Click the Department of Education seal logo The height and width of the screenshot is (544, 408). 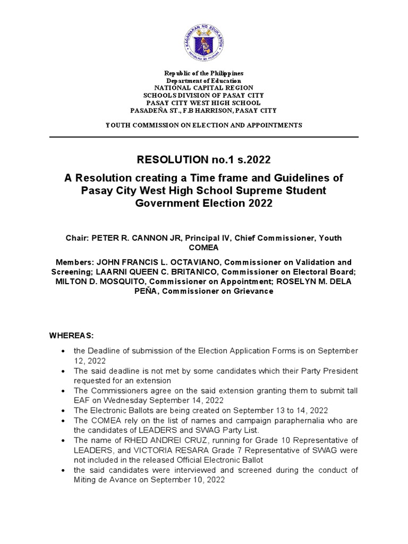pos(204,41)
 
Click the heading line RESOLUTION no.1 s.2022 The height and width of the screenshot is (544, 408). pos(204,159)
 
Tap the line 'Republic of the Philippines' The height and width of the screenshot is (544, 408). pos(204,73)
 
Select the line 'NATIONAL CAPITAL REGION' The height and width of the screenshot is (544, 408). pos(204,88)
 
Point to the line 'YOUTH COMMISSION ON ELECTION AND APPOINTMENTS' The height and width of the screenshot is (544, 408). pos(204,125)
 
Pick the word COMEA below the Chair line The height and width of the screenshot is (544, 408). pos(204,248)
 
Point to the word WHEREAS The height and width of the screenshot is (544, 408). pos(71,336)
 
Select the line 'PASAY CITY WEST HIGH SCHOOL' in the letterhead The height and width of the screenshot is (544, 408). pos(204,103)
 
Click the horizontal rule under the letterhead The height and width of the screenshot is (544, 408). pos(204,137)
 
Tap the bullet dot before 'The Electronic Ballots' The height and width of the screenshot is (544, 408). pos(64,411)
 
